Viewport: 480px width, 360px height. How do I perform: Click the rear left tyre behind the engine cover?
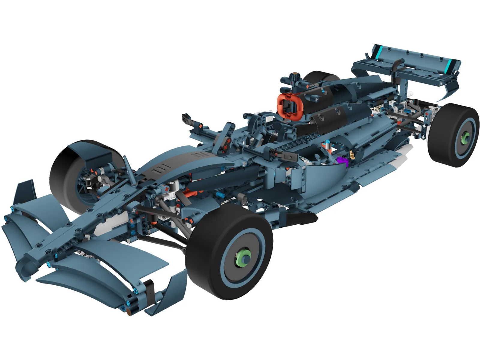(318, 76)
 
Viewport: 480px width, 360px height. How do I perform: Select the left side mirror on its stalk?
(187, 118)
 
